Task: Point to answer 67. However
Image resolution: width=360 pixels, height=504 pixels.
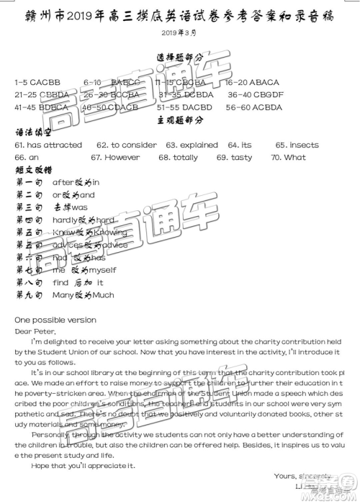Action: point(115,157)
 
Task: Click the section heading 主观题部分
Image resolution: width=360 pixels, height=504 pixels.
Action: point(179,120)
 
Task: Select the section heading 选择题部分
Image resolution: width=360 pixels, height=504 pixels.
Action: point(179,58)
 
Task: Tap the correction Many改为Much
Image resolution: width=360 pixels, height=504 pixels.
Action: point(83,295)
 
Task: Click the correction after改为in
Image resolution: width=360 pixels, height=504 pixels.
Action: point(76,182)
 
